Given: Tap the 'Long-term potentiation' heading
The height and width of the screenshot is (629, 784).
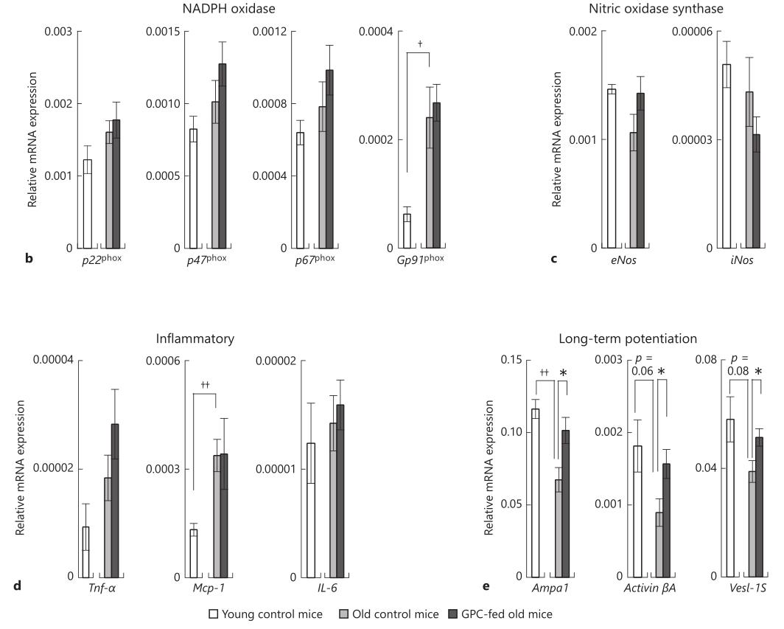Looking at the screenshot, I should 628,339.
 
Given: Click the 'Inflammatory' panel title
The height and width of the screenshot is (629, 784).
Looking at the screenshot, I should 195,339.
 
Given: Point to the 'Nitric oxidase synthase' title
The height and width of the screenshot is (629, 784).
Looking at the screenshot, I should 656,9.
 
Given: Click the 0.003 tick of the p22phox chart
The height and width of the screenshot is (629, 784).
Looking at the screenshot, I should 58,32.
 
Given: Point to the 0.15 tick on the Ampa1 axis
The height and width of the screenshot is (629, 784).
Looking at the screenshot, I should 511,360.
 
